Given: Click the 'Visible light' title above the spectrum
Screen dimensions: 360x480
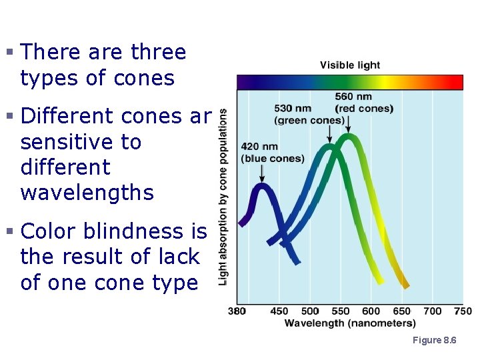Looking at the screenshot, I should click(x=350, y=65).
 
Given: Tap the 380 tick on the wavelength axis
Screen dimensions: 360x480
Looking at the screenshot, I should click(x=237, y=311).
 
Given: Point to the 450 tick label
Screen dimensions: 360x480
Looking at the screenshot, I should click(x=279, y=311).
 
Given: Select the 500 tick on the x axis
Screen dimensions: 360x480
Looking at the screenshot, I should click(x=310, y=311).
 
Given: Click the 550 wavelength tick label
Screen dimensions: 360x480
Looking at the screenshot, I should click(x=341, y=311).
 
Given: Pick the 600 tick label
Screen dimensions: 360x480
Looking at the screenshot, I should click(x=371, y=311).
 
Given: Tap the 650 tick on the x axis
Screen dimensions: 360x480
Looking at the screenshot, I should click(x=402, y=311).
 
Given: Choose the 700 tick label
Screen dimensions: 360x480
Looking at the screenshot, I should click(x=433, y=311).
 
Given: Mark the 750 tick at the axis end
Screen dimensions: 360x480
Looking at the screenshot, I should click(x=463, y=311).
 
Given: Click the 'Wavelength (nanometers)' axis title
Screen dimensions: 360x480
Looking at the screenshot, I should click(x=350, y=323).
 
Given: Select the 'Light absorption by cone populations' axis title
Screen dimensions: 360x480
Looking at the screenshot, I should click(x=223, y=197).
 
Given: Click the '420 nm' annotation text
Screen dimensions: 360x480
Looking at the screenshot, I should click(x=259, y=147).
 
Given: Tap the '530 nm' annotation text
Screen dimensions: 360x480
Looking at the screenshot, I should click(x=293, y=109).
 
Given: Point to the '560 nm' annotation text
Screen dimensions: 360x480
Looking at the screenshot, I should click(x=353, y=97).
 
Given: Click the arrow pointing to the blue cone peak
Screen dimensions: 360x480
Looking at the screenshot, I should click(x=263, y=173).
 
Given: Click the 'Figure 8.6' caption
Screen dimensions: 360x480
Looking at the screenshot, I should click(x=434, y=341).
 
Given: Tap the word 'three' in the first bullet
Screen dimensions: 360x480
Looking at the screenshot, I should click(x=159, y=52).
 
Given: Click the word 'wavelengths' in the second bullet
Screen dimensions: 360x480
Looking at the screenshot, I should click(x=87, y=193).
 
